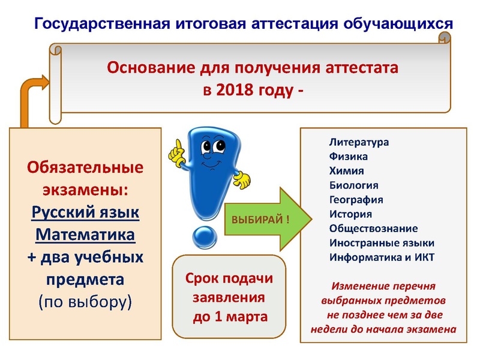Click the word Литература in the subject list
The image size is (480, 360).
[359, 143]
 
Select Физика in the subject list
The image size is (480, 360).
[349, 157]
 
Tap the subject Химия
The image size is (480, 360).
[347, 171]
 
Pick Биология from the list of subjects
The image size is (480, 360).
[354, 185]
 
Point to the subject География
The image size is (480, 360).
[356, 200]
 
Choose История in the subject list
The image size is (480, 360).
[351, 214]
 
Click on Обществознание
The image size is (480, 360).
[374, 229]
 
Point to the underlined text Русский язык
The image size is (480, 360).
[85, 212]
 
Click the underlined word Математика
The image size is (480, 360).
[85, 234]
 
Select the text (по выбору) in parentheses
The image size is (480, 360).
[85, 301]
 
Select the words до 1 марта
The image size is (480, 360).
[229, 317]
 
